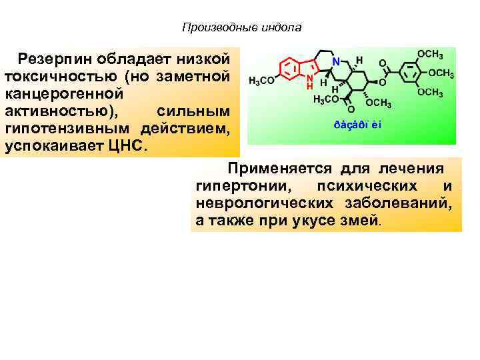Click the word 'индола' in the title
284,28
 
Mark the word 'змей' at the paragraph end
361,220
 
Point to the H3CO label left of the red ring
261,81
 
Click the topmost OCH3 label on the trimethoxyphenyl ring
431,54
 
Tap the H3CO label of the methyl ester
326,100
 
